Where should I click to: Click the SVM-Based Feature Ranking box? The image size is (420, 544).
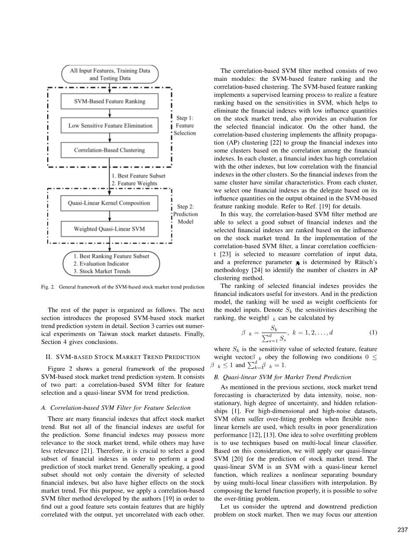point(109,101)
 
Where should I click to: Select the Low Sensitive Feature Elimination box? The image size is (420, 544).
point(109,125)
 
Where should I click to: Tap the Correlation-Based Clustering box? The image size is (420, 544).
point(109,150)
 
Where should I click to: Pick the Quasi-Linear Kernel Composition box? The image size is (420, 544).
point(109,203)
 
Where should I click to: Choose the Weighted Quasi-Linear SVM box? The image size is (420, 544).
point(109,229)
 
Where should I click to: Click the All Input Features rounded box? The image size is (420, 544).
point(109,74)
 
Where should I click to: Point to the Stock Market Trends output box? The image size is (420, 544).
point(111,264)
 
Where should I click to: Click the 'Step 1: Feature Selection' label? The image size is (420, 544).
point(185,125)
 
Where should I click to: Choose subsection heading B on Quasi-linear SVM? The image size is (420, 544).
point(282,377)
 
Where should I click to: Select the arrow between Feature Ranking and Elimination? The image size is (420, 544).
point(109,113)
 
